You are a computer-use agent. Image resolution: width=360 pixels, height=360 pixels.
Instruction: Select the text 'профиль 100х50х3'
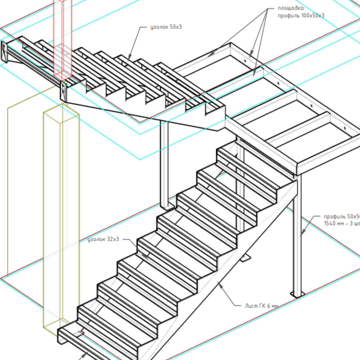coord(301,16)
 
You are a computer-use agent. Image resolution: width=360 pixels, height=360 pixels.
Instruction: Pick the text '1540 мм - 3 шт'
coord(342,223)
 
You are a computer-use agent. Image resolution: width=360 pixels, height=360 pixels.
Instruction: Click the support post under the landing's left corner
coord(164,167)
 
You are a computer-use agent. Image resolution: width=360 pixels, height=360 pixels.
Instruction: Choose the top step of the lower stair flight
coord(235,155)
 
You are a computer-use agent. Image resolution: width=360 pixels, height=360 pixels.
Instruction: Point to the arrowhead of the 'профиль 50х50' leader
coord(303,234)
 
